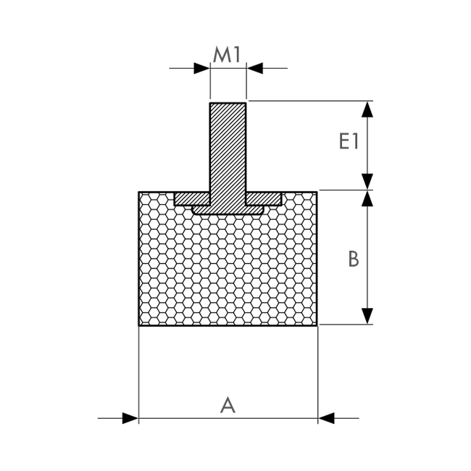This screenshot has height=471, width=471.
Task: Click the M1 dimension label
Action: (x=227, y=55)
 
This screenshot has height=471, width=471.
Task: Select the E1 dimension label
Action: (x=349, y=141)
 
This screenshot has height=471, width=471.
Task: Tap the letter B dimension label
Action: (x=354, y=259)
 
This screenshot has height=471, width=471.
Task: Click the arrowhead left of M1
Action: (x=201, y=68)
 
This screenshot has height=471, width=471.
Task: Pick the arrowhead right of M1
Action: (x=255, y=68)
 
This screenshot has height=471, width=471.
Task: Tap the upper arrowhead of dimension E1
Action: (x=367, y=109)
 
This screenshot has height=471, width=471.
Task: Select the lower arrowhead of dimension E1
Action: (x=367, y=181)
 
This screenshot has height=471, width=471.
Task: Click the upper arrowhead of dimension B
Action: (x=367, y=199)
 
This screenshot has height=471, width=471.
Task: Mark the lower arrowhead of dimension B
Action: (x=367, y=316)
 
